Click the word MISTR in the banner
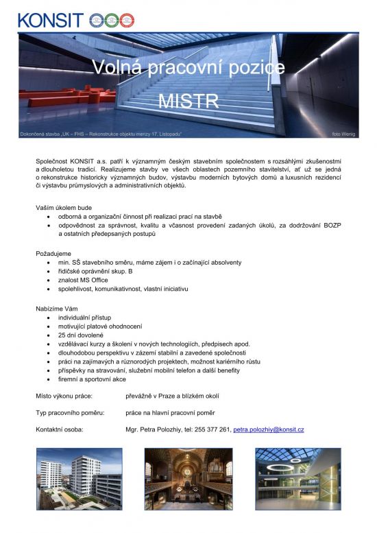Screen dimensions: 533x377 click(x=188, y=102)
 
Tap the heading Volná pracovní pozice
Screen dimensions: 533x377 click(x=188, y=67)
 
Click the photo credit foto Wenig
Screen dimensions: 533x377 click(x=343, y=133)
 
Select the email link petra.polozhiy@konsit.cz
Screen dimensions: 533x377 click(x=269, y=429)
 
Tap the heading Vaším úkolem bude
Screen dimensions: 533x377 click(x=64, y=207)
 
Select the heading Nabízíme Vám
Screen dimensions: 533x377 click(x=57, y=309)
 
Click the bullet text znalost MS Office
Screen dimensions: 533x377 click(x=82, y=281)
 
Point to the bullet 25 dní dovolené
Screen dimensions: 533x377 click(x=81, y=335)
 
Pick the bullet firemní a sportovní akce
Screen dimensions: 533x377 click(x=92, y=379)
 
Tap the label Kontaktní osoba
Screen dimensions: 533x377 click(x=60, y=429)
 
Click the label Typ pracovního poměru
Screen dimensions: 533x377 click(x=70, y=413)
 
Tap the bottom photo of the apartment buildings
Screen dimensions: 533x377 click(x=79, y=480)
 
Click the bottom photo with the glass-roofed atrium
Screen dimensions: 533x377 click(x=297, y=480)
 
